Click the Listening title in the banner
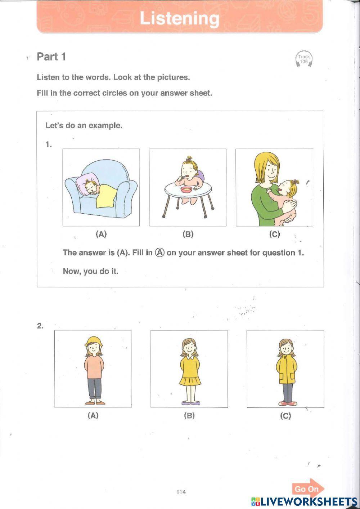tap(179, 18)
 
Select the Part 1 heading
tap(51, 57)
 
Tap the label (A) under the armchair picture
tap(101, 234)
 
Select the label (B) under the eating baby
tap(188, 234)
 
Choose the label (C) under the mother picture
tap(274, 234)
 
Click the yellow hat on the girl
tap(94, 341)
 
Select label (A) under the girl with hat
tap(93, 415)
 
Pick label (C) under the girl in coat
tap(285, 416)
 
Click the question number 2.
tap(40, 326)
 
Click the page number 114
tap(181, 492)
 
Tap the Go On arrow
tap(308, 489)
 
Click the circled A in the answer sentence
tap(160, 253)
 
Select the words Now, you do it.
tap(90, 271)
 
